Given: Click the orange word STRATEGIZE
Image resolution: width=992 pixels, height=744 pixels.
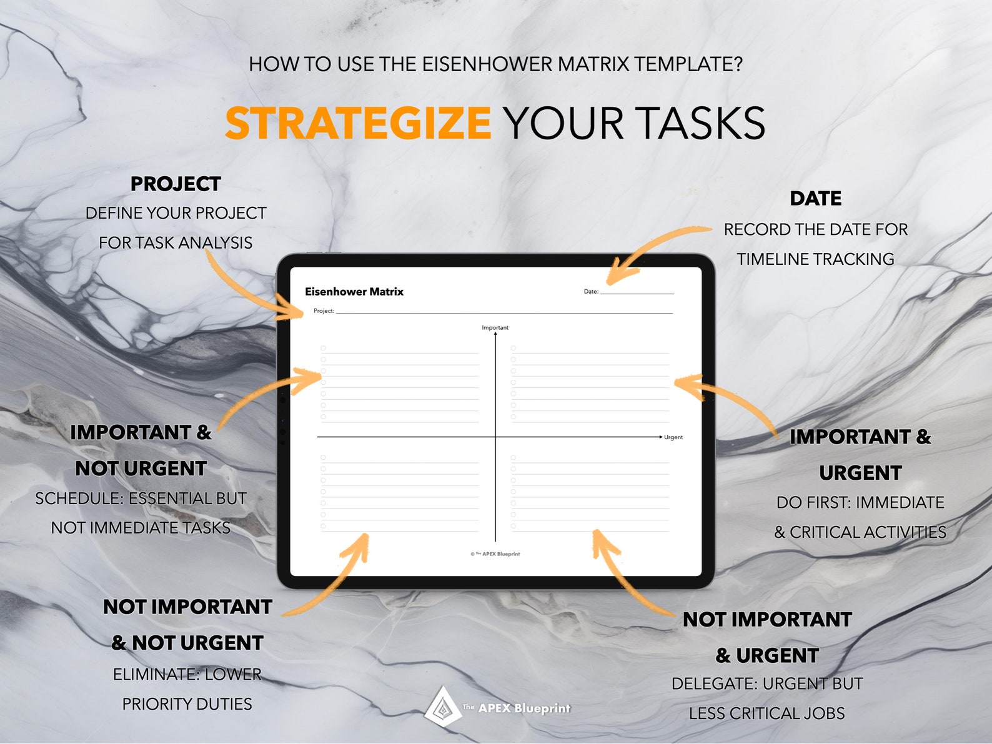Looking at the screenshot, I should [x=358, y=123].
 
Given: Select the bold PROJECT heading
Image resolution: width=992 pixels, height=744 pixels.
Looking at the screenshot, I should [x=176, y=184].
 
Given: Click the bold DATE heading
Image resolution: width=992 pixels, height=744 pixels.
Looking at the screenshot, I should [x=815, y=199].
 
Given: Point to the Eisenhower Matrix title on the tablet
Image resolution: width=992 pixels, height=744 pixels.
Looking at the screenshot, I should [x=354, y=292].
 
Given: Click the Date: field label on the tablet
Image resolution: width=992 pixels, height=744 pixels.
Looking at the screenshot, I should [x=591, y=292].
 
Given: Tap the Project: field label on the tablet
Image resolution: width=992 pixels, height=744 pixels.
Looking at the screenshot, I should [x=324, y=311].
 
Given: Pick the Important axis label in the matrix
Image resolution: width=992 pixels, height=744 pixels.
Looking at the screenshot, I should [x=495, y=327].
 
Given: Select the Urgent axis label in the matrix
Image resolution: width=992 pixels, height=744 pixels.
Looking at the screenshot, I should [x=673, y=437].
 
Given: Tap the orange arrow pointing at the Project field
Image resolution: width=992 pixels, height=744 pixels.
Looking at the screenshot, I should [x=250, y=287].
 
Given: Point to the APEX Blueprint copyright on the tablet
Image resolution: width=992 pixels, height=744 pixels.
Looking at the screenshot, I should [x=495, y=554].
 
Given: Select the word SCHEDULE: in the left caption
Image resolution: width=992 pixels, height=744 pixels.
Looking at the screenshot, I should [x=79, y=498].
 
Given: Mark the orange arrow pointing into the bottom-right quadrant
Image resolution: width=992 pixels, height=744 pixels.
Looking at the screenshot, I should [x=625, y=575].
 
